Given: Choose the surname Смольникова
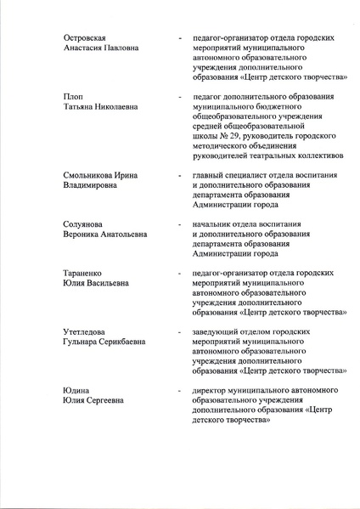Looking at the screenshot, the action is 96,175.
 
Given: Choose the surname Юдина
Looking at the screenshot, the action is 76,390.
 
